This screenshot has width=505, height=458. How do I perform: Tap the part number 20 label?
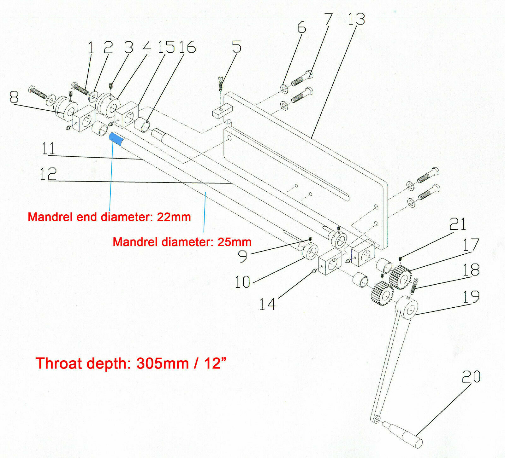click(471, 377)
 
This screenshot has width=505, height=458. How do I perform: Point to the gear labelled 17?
click(401, 276)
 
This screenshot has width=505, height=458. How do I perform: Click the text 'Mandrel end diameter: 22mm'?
click(109, 217)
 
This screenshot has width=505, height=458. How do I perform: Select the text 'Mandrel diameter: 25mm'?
click(182, 242)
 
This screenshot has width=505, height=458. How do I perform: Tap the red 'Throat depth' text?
click(131, 363)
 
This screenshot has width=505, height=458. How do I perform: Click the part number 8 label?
click(14, 97)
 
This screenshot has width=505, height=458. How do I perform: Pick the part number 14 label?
click(267, 304)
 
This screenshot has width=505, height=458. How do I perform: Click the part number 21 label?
click(457, 224)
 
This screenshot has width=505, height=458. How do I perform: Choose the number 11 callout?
click(48, 148)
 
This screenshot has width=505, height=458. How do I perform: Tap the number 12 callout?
click(48, 174)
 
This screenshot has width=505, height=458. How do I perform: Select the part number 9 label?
click(242, 256)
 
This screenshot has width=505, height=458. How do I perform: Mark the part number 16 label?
click(187, 47)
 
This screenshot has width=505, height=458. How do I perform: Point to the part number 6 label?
click(301, 28)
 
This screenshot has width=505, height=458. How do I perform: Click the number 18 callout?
click(471, 270)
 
